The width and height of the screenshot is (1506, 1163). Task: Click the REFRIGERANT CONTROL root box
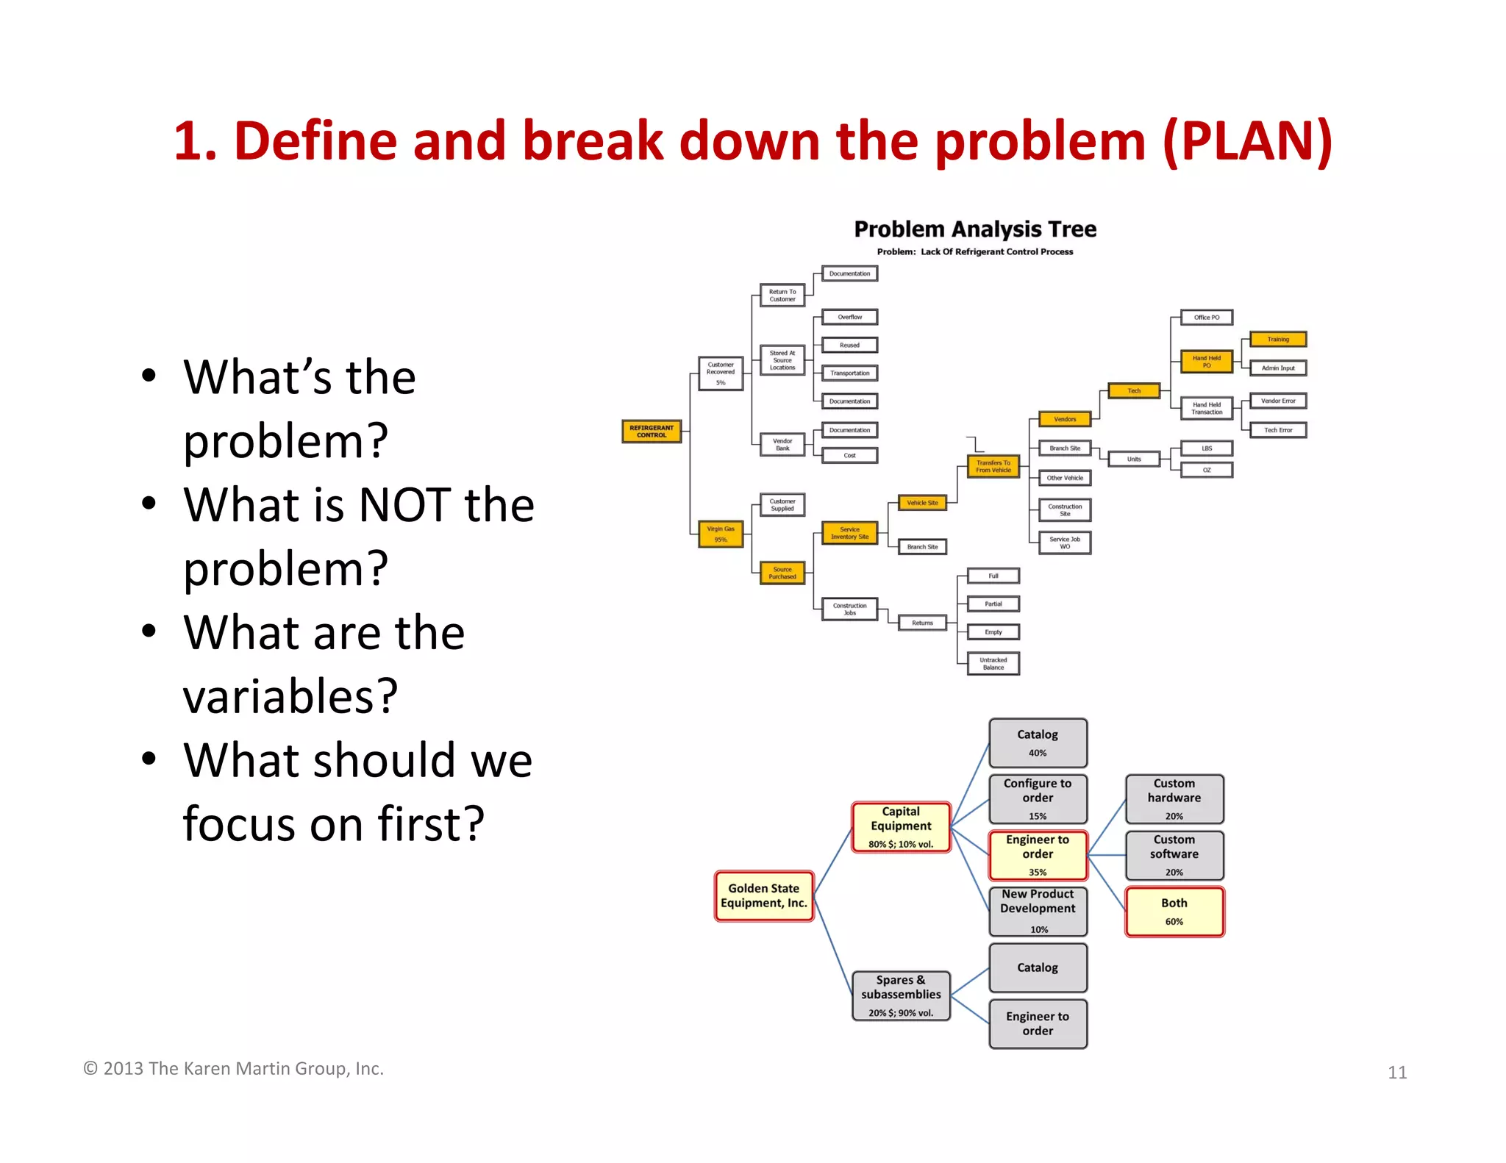(651, 432)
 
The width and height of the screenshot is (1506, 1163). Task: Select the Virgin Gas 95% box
(721, 534)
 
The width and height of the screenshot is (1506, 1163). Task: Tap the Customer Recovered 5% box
(721, 373)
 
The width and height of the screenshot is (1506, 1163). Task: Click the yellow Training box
(1278, 339)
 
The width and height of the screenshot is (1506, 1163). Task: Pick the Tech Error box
(1278, 430)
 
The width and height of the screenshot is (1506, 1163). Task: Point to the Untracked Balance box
(993, 663)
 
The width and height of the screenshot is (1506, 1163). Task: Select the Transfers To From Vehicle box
(993, 466)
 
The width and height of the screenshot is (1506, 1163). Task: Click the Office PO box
(1206, 318)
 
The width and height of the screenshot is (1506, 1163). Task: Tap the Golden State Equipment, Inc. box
(763, 895)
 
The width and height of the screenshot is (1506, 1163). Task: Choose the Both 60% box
(1174, 912)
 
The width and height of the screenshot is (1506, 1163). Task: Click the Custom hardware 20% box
(1174, 798)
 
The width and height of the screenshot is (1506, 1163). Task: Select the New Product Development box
(1037, 910)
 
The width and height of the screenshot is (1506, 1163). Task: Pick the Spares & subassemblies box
(901, 995)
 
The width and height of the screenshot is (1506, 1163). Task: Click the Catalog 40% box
(1037, 742)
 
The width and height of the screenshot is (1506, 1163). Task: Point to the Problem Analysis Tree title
(974, 229)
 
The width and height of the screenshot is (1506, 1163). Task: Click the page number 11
(1396, 1073)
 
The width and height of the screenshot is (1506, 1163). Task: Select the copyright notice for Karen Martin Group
(233, 1068)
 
